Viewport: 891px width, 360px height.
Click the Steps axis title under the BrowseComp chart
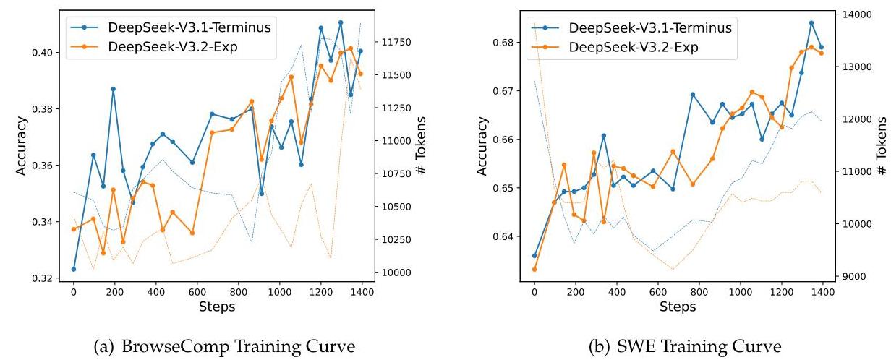click(217, 307)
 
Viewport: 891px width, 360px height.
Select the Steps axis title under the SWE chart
click(678, 307)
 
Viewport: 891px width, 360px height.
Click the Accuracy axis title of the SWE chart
click(482, 146)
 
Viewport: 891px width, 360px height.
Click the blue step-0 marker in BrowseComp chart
click(74, 269)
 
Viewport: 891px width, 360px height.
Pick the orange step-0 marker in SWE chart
click(534, 270)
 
